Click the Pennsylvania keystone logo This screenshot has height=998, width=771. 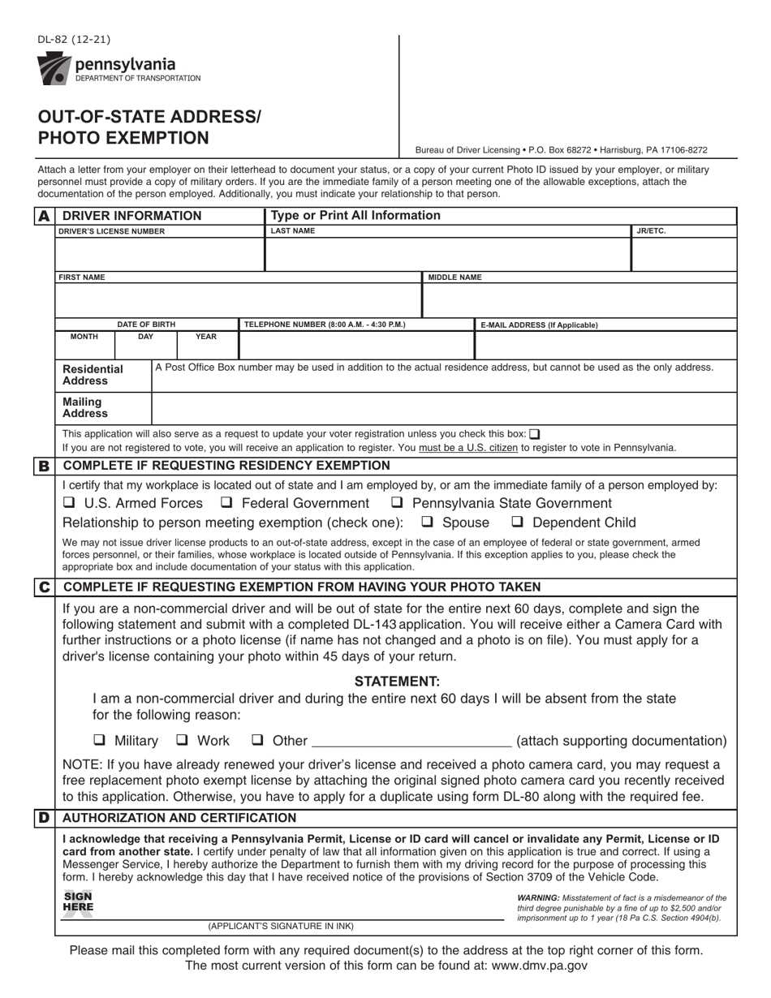point(54,68)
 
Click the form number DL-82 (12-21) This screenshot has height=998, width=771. point(74,40)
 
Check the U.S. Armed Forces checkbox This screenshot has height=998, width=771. point(70,503)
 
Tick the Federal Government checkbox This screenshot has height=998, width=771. point(227,503)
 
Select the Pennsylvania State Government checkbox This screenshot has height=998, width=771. point(398,503)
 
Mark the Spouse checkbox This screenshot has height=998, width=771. point(428,523)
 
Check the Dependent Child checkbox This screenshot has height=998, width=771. point(517,523)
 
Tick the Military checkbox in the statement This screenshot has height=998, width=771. point(100,740)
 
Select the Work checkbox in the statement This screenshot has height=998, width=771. point(183,740)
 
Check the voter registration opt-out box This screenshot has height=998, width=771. point(534,434)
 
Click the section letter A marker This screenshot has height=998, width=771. point(44,216)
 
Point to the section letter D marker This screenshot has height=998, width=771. point(44,818)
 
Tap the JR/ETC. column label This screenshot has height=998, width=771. point(651,231)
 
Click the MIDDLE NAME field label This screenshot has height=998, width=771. point(454,277)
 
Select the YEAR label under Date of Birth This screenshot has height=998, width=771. point(206,336)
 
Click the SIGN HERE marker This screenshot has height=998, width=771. point(78,901)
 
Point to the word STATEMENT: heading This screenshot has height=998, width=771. point(397,682)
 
